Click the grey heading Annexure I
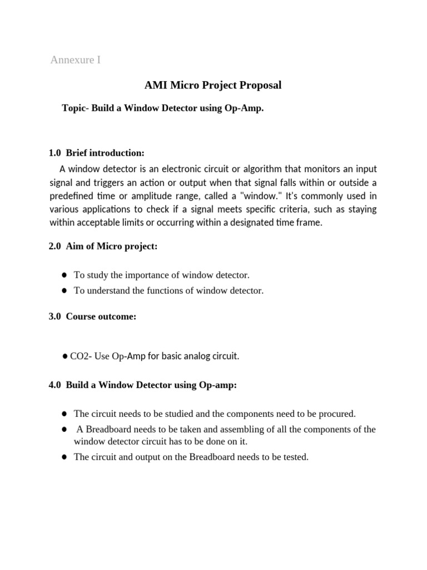(x=76, y=60)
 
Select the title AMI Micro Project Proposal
(x=213, y=85)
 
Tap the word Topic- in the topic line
(x=75, y=109)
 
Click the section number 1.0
(x=56, y=153)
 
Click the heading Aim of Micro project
(x=112, y=247)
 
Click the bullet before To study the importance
(x=64, y=276)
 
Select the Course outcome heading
(x=101, y=317)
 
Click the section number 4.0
(x=56, y=385)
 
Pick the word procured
(x=336, y=414)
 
